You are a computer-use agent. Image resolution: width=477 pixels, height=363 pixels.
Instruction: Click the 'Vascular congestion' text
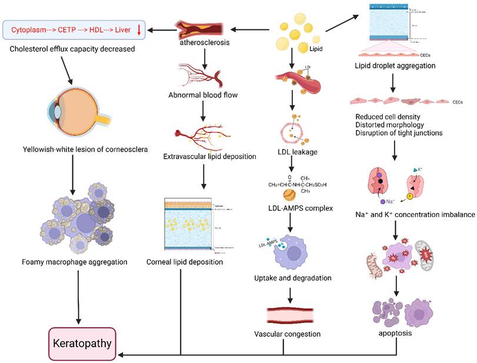[286, 334]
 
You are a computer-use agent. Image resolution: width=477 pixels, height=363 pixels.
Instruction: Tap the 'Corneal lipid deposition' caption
[185, 262]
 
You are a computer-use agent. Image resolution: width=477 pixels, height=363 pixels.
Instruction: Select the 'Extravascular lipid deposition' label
[202, 158]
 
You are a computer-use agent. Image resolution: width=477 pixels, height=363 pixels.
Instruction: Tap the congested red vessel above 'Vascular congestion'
[286, 314]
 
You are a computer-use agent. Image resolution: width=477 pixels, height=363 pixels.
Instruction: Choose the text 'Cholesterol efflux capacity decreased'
[72, 49]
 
